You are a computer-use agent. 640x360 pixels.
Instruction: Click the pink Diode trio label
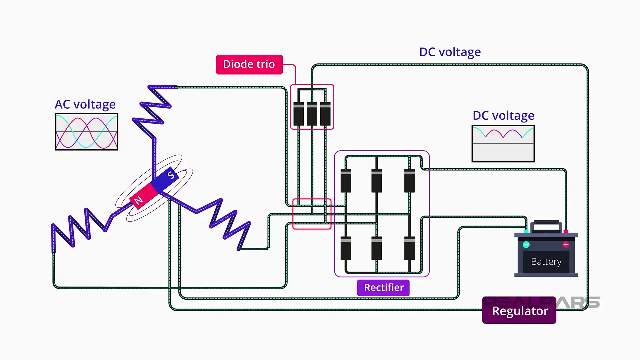pyautogui.click(x=249, y=64)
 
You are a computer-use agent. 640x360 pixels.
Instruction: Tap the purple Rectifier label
pyautogui.click(x=383, y=287)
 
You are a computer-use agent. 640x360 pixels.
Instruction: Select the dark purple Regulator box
pyautogui.click(x=519, y=310)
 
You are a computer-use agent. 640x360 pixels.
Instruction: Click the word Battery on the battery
pyautogui.click(x=546, y=262)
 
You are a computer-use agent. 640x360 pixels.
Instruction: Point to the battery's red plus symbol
pyautogui.click(x=566, y=245)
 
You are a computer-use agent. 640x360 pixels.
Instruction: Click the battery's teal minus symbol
pyautogui.click(x=526, y=245)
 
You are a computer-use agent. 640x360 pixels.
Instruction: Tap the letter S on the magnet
pyautogui.click(x=171, y=175)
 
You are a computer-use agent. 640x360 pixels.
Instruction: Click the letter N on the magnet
pyautogui.click(x=138, y=200)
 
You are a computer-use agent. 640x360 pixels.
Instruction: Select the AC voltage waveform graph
pyautogui.click(x=87, y=132)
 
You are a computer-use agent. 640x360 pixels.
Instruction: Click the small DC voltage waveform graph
pyautogui.click(x=503, y=144)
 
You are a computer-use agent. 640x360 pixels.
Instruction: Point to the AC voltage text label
pyautogui.click(x=85, y=104)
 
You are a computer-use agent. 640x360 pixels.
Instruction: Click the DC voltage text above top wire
pyautogui.click(x=450, y=52)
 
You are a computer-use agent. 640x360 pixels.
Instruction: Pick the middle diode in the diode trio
pyautogui.click(x=312, y=114)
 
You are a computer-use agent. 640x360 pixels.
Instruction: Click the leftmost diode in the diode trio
pyautogui.click(x=299, y=114)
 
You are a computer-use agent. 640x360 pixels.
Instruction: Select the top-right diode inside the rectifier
pyautogui.click(x=409, y=181)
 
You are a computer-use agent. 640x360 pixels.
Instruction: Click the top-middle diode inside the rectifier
pyautogui.click(x=377, y=181)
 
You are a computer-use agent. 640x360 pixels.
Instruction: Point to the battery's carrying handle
pyautogui.click(x=546, y=225)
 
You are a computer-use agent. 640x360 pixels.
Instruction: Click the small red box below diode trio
pyautogui.click(x=312, y=214)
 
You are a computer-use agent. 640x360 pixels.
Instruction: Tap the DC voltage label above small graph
pyautogui.click(x=503, y=115)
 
